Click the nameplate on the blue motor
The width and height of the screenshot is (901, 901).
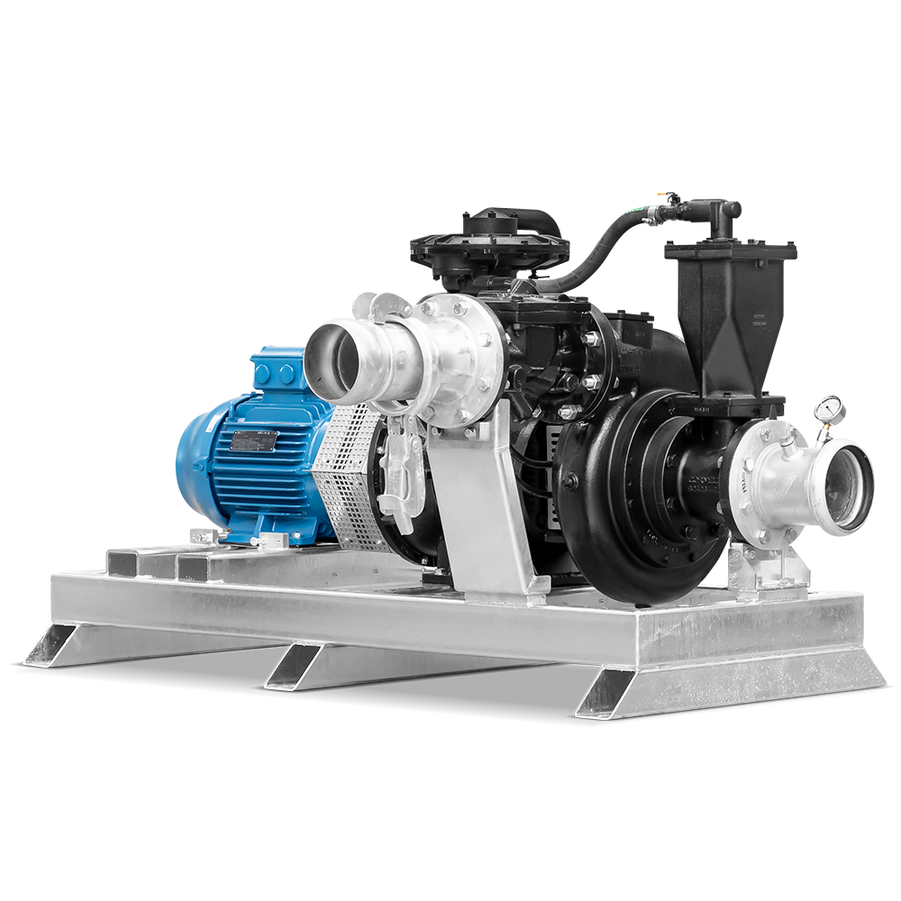(x=255, y=441)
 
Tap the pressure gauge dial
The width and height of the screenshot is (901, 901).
(x=829, y=408)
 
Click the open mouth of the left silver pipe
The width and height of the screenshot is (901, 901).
(x=329, y=354)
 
